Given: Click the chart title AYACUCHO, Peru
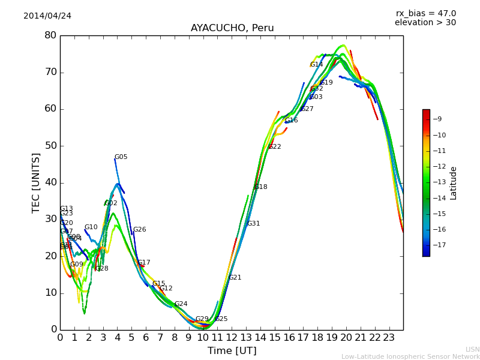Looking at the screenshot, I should tap(232, 28).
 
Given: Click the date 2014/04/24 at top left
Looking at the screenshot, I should tap(47, 16).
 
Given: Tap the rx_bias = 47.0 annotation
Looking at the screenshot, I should tap(425, 13).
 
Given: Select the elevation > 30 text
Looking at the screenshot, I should tap(425, 23).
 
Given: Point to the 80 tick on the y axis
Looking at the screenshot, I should tap(50, 35).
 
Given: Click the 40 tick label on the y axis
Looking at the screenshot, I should tap(50, 182).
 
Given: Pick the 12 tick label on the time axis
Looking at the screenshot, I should tap(232, 337).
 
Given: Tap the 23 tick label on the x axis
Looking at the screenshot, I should tap(389, 337).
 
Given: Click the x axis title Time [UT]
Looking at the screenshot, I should tap(232, 351).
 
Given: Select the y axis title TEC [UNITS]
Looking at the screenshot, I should tap(37, 182).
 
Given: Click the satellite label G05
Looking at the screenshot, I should tap(121, 157).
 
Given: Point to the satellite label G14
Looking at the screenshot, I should tap(317, 65).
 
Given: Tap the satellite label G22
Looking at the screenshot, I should tap(275, 147).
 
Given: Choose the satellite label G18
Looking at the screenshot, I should tap(261, 187).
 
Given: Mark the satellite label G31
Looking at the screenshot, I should tap(254, 224).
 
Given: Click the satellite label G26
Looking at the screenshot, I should tap(140, 230).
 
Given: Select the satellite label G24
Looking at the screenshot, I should tap(181, 304).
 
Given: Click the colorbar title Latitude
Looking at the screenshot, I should tap(454, 183).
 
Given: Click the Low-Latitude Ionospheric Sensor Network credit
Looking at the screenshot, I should tap(410, 356).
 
